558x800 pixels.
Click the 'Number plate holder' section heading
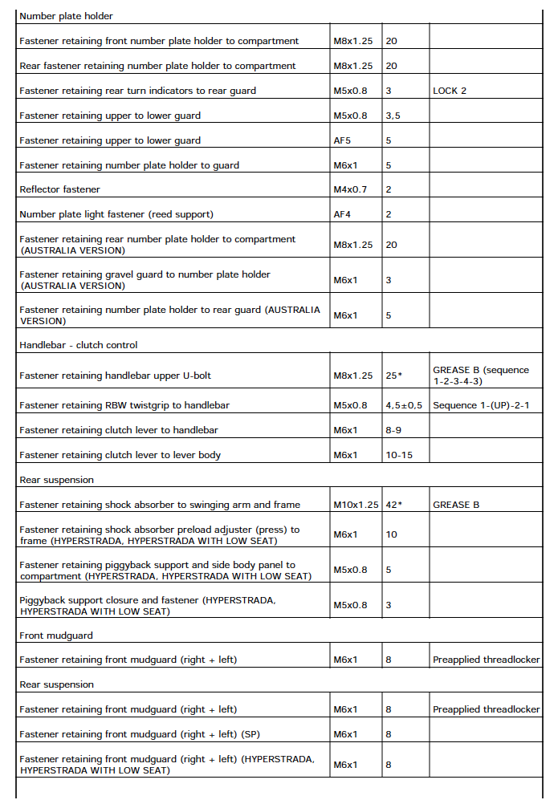[66, 16]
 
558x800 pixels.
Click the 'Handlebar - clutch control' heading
[78, 345]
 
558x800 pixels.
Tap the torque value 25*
[394, 376]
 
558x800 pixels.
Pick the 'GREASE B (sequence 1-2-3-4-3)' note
[481, 376]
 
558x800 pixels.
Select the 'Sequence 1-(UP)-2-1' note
[481, 405]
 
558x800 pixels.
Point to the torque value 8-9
[393, 430]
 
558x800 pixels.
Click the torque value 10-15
[397, 455]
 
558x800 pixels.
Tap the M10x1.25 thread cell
[356, 505]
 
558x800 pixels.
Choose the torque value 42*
[394, 505]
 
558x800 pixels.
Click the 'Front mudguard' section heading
[56, 636]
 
